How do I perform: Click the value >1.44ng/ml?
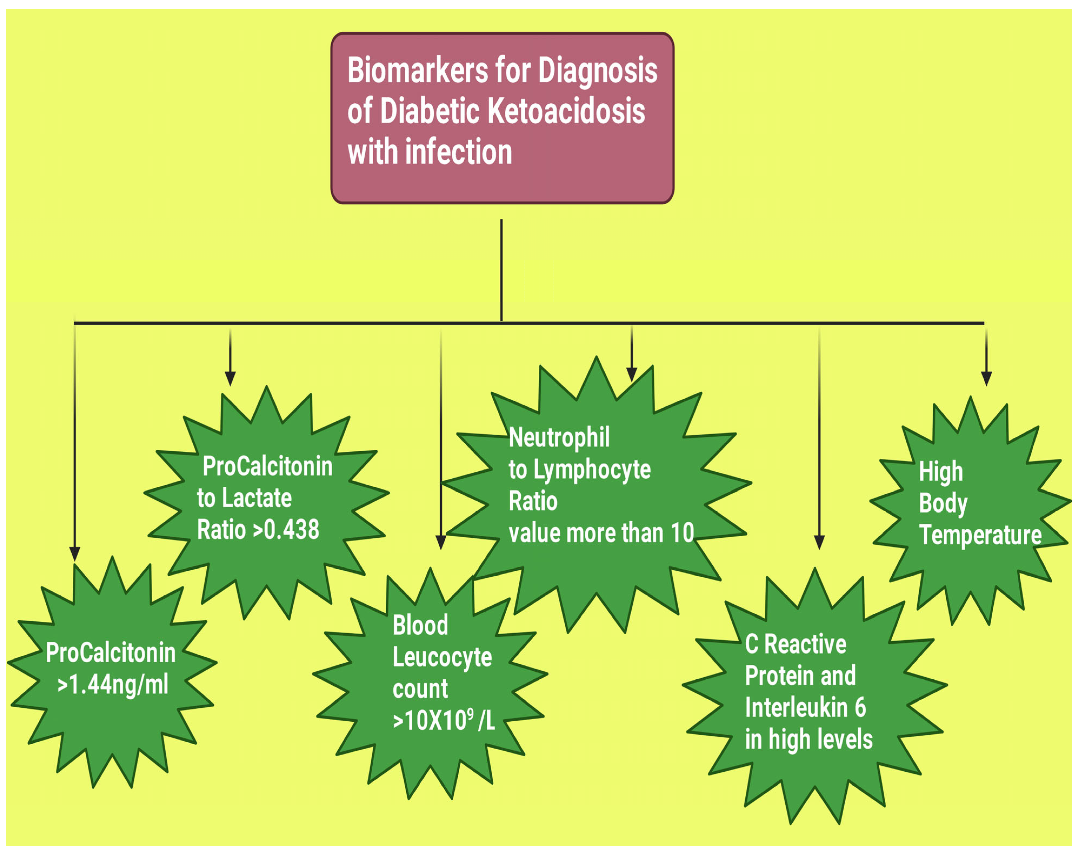(113, 684)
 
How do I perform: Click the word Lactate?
(257, 498)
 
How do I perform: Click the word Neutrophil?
(559, 438)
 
